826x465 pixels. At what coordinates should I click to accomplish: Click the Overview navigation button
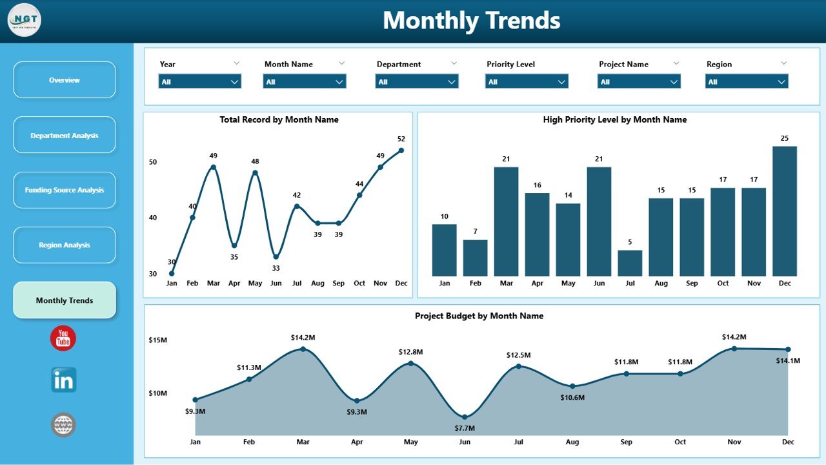[x=65, y=80]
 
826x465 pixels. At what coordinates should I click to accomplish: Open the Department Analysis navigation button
[x=65, y=136]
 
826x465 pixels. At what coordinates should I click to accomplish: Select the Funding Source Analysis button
[x=65, y=191]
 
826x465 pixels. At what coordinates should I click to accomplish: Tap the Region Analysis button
[x=65, y=245]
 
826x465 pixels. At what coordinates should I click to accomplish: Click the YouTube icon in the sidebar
[x=63, y=338]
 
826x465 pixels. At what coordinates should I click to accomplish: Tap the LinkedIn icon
[x=64, y=380]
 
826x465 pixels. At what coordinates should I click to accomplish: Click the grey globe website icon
[x=64, y=425]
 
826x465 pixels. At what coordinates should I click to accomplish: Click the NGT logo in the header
[x=25, y=20]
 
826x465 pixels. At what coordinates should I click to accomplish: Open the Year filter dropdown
[x=200, y=82]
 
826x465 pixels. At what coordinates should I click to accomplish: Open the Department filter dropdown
[x=417, y=82]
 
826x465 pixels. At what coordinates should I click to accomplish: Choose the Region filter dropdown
[x=747, y=82]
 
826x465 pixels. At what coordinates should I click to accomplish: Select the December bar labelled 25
[x=785, y=211]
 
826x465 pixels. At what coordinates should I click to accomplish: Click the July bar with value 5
[x=630, y=263]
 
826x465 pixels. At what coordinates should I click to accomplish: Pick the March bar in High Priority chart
[x=507, y=222]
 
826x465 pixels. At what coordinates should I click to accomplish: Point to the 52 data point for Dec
[x=401, y=150]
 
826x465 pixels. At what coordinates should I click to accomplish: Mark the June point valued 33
[x=276, y=256]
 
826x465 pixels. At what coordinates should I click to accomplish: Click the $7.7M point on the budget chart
[x=465, y=417]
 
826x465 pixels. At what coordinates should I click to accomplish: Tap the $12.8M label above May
[x=410, y=352]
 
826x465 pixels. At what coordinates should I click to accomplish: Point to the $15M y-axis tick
[x=159, y=340]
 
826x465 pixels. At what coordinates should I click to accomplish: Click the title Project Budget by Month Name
[x=479, y=316]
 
